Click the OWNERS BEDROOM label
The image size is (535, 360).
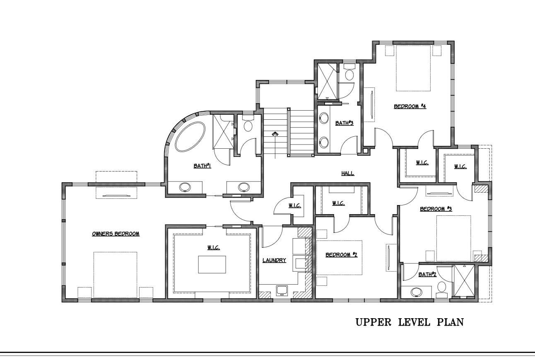click(116, 234)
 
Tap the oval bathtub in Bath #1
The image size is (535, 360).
click(190, 137)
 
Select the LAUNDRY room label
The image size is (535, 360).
click(274, 261)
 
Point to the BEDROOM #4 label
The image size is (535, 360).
click(410, 106)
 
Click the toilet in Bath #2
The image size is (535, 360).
click(442, 290)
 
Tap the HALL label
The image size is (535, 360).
click(348, 174)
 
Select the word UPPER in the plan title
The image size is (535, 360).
click(374, 322)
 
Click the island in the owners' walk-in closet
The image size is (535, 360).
click(212, 264)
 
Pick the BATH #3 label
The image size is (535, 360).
click(344, 123)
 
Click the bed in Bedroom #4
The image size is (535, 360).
click(413, 68)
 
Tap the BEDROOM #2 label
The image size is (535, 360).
click(341, 255)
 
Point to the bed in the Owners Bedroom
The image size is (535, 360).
click(116, 275)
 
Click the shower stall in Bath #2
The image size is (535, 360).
click(464, 281)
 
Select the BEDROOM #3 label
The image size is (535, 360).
click(436, 209)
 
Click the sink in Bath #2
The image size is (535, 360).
click(417, 292)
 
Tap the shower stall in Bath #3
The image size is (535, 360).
click(327, 81)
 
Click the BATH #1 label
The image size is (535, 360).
click(202, 166)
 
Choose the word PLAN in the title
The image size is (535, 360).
click(451, 322)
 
